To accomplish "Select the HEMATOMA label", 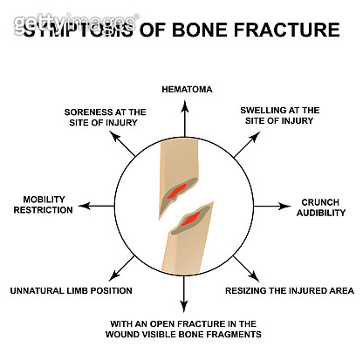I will (186, 89).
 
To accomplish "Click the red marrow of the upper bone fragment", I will (178, 189).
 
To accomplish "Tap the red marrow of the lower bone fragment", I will (194, 221).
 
